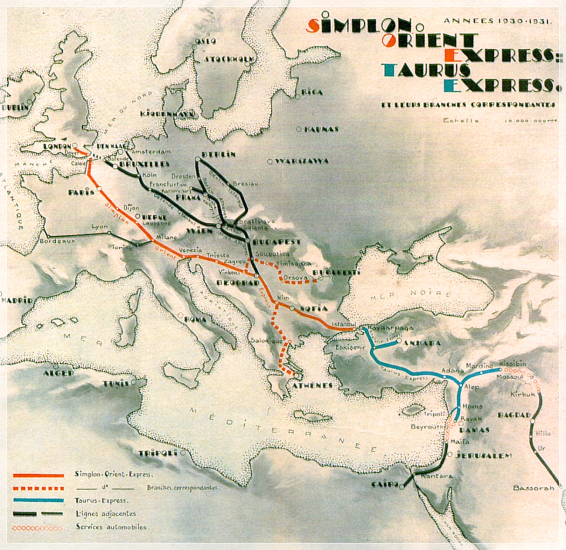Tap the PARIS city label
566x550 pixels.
(81, 192)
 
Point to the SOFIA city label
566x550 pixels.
(313, 308)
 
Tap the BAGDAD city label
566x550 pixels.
(514, 415)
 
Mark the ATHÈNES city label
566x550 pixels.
(312, 385)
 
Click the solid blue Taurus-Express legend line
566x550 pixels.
(38, 500)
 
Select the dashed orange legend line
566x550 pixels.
(38, 488)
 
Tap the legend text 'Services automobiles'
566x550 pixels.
(112, 527)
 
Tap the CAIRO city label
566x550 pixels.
(385, 485)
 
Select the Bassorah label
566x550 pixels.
(534, 488)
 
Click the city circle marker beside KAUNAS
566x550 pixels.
(299, 129)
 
